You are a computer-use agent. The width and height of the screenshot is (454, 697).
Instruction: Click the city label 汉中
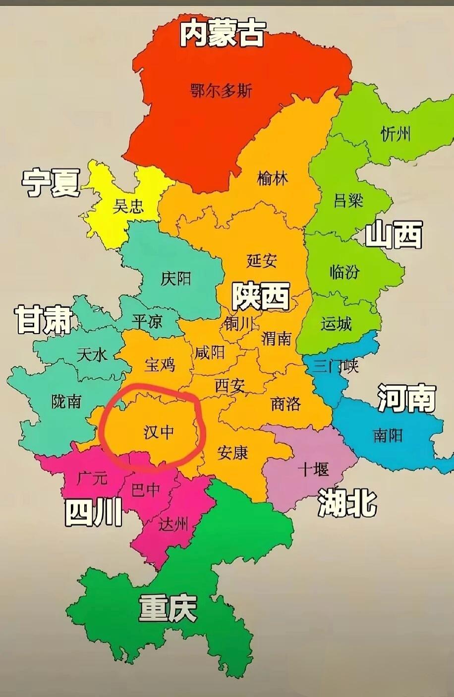coord(159,432)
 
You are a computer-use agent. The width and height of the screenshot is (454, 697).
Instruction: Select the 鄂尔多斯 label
coord(222,91)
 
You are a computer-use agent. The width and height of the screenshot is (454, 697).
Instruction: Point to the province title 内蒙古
coord(222,34)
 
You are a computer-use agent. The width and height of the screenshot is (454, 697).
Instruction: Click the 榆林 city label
coord(272,178)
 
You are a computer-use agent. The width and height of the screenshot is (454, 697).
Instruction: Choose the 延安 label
coord(261,260)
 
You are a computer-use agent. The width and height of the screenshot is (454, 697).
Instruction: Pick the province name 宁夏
coord(51,182)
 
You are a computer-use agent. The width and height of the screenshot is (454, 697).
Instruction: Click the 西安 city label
coord(229,385)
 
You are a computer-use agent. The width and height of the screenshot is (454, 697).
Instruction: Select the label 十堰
coord(313,468)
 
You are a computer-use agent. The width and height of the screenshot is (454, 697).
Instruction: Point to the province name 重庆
coord(168,608)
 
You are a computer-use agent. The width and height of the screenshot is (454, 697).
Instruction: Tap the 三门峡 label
coord(335,366)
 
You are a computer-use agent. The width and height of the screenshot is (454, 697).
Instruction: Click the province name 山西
coord(394,235)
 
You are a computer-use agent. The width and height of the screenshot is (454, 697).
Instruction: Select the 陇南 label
coord(66,401)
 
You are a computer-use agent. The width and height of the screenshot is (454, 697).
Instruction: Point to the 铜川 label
coord(238,324)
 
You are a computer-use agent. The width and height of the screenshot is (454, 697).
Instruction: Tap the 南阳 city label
coord(388,435)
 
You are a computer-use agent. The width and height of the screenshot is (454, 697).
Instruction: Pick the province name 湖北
coord(347,502)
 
